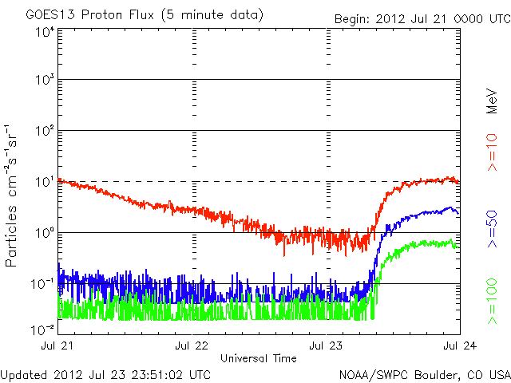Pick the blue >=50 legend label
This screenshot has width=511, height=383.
(492, 227)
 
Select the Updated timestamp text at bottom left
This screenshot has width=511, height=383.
(106, 373)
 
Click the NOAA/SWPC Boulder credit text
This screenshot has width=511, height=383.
(423, 373)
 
